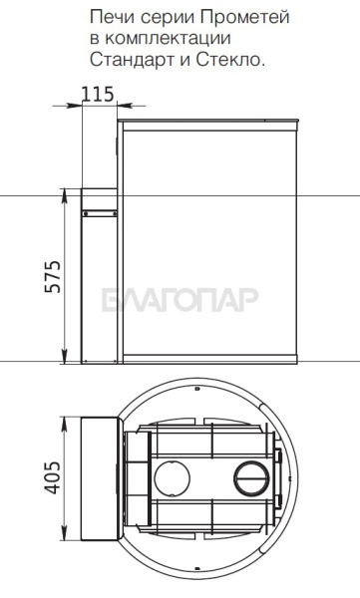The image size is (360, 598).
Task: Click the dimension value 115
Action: coord(98,95)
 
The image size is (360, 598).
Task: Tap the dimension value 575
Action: coord(53,276)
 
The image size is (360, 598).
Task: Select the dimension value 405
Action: coord(52,477)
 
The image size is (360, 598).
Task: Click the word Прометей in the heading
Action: coord(244,18)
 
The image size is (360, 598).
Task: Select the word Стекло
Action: coord(230,60)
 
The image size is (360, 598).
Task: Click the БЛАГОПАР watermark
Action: coord(180,299)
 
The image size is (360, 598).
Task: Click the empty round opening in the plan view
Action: coord(172,478)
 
